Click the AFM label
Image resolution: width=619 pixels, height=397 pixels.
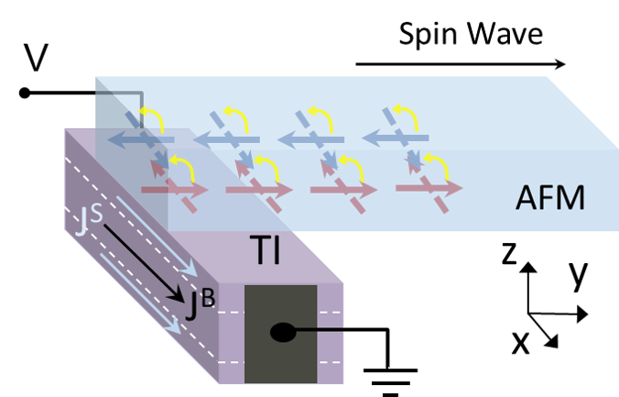pos(550,197)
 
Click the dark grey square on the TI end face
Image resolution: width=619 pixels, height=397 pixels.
pos(280,334)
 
